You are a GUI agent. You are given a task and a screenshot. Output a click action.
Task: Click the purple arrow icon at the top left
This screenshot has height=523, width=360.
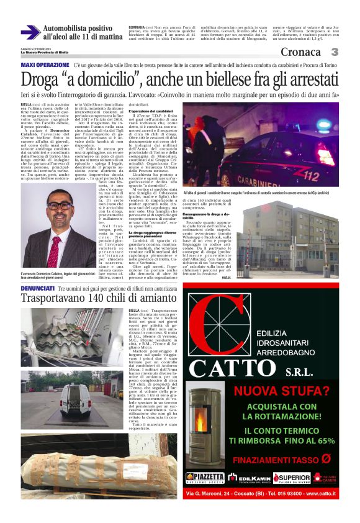click(30, 32)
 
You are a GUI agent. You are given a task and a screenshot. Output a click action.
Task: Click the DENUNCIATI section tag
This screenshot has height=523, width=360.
click(38, 289)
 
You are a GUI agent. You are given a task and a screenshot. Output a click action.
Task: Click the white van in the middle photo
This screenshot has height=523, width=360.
click(75, 398)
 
